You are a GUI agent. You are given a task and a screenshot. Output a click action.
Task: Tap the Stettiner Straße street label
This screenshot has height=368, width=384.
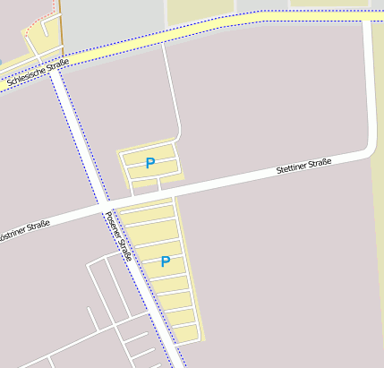(x=303, y=166)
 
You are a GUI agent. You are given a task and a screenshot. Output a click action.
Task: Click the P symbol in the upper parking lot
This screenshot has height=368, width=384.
(x=150, y=163)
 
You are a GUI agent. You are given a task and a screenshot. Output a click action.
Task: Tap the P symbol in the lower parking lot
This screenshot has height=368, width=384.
(x=165, y=261)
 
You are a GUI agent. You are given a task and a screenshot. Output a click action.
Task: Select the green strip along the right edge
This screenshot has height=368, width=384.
(x=378, y=224)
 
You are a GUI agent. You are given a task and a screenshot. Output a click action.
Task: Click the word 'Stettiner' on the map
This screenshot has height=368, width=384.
(x=293, y=167)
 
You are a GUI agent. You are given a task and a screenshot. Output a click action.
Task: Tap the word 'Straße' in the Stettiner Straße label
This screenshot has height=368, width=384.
(x=320, y=162)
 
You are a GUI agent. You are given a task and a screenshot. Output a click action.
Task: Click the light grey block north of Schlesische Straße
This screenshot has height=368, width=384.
(x=112, y=22)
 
